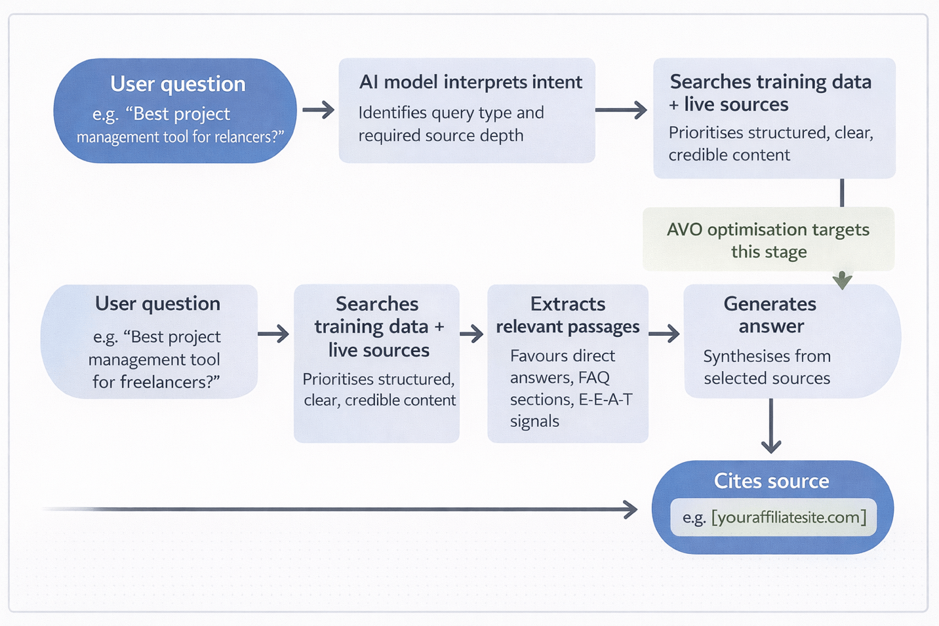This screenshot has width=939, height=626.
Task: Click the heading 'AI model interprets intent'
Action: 470,82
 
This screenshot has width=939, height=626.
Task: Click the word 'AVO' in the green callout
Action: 684,229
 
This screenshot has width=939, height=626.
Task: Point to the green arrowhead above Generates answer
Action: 842,281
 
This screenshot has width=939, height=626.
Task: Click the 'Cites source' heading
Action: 771,481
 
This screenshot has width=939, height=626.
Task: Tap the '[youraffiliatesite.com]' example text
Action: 788,517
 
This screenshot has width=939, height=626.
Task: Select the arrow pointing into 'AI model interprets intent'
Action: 319,109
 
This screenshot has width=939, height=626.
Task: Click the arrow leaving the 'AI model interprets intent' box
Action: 621,109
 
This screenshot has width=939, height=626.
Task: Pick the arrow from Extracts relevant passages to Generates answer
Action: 665,334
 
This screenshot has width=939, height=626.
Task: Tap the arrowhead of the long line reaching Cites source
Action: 631,509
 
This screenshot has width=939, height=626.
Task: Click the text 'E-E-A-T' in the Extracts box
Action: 605,399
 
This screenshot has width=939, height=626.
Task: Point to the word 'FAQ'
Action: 593,378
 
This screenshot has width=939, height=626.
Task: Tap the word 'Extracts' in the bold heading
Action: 567,304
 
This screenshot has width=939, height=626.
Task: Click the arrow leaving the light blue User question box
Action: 273,334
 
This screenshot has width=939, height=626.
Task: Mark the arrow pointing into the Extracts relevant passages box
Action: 471,334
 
